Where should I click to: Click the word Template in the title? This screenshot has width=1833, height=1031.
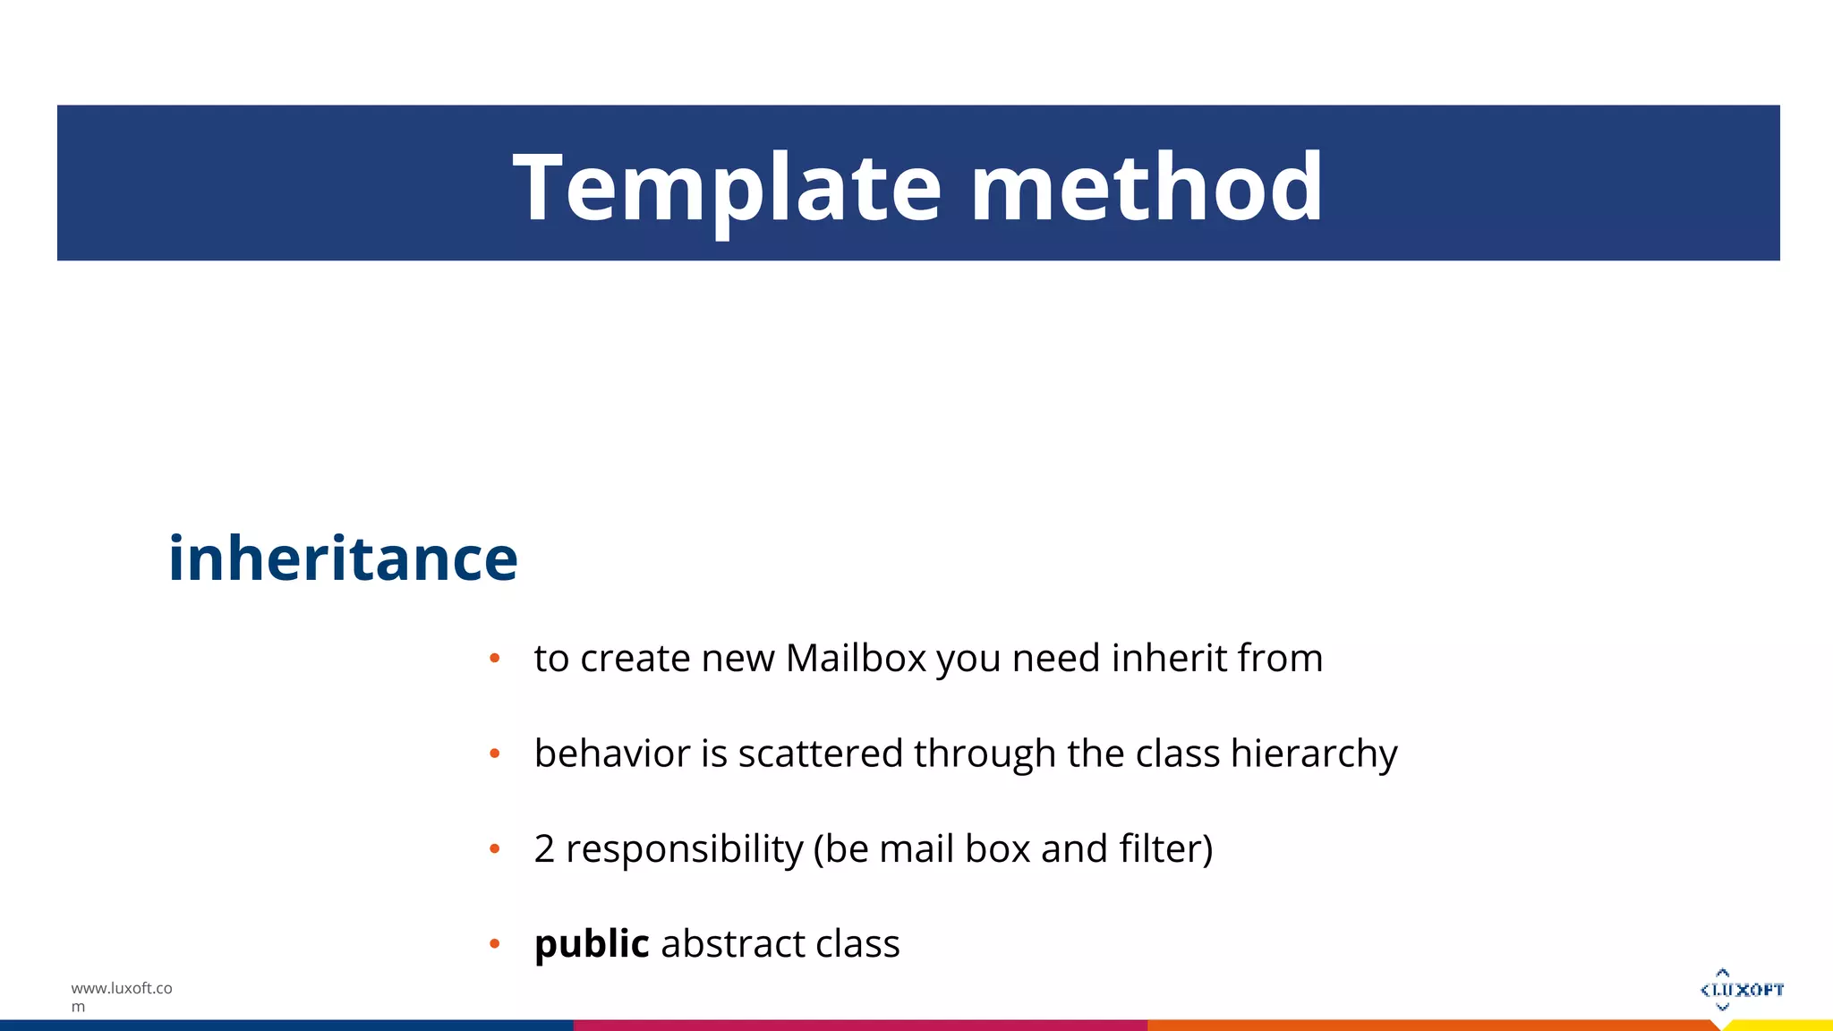tap(727, 188)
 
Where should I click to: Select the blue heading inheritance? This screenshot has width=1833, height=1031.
tap(343, 558)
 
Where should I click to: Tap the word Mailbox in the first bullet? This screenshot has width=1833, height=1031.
tap(855, 659)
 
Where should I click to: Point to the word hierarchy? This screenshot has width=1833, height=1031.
tap(1313, 754)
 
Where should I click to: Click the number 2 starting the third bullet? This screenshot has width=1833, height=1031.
tap(544, 848)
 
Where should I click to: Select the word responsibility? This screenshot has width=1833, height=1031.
tap(685, 848)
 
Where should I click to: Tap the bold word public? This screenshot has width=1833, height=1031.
tap(592, 944)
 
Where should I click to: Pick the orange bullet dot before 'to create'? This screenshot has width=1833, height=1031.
tap(494, 660)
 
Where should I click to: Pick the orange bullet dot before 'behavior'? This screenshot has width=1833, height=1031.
tap(494, 754)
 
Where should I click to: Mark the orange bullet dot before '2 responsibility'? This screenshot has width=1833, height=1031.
tap(494, 849)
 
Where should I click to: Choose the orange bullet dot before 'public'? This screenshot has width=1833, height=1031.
tap(494, 944)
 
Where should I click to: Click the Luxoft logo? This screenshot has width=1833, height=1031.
tap(1742, 990)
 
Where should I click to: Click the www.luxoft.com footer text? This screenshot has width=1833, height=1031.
tap(121, 996)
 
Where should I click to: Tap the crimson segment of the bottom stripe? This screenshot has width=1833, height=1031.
tap(859, 1026)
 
